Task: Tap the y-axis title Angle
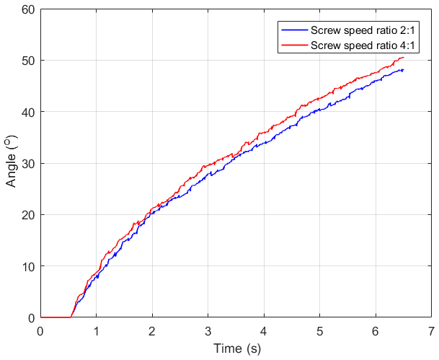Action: tap(12, 163)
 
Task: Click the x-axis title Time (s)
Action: tap(236, 348)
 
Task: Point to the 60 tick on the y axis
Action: tap(28, 9)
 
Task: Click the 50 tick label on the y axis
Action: tap(28, 61)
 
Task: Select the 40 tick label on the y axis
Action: tap(28, 112)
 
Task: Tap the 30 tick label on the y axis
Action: tap(28, 164)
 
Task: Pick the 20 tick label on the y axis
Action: tap(28, 215)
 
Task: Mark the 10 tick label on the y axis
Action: tap(28, 266)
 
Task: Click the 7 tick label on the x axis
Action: tap(431, 330)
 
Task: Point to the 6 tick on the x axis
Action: tap(376, 330)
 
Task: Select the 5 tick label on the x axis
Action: tap(319, 330)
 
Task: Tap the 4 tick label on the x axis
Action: tap(264, 330)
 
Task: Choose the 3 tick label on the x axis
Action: tap(208, 330)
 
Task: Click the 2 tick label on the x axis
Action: tap(152, 330)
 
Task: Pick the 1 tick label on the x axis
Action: tap(96, 330)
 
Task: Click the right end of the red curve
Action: tap(404, 57)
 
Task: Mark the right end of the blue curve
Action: tap(403, 70)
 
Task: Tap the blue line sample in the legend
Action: tap(293, 31)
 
